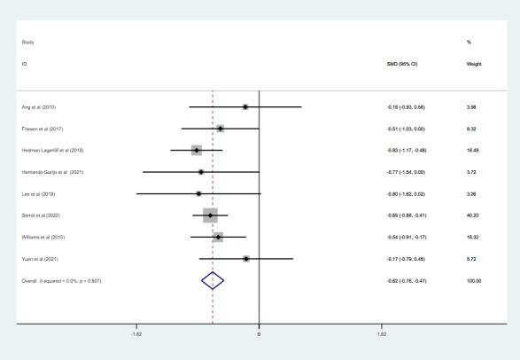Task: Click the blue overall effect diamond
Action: point(212,280)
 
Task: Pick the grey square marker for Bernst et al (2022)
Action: point(210,215)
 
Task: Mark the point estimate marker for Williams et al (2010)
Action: point(218,237)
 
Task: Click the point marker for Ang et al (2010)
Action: point(245,106)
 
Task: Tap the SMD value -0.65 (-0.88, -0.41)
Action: point(406,215)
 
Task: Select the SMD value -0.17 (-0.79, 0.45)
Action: point(406,259)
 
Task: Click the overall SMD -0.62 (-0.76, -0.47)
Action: point(406,280)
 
